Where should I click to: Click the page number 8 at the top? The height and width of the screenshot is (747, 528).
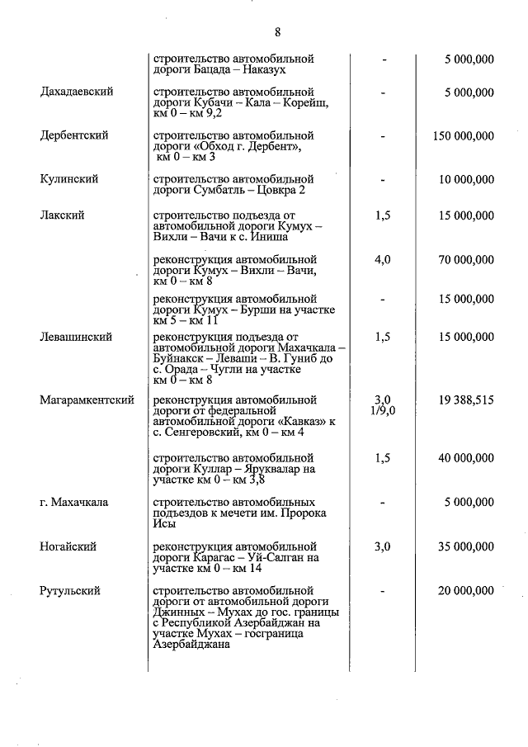(277, 32)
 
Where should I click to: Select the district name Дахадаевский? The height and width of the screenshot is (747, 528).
(77, 92)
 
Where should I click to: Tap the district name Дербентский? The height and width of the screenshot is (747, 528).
(74, 135)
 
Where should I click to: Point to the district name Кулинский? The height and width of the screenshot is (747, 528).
(69, 179)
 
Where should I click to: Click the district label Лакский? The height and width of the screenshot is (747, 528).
(63, 215)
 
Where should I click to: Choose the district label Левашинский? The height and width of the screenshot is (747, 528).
(76, 337)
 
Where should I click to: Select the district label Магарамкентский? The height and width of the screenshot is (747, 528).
(87, 400)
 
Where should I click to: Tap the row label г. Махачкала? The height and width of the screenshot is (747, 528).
(74, 502)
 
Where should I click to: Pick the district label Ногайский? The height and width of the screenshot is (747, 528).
(68, 546)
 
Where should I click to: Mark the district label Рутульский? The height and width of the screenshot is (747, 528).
(70, 591)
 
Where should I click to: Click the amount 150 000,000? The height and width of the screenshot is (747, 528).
(463, 135)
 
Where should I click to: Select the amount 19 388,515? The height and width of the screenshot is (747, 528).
(467, 400)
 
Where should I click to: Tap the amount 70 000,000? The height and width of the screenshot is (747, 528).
(467, 260)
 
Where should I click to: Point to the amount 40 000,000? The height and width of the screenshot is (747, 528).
(467, 458)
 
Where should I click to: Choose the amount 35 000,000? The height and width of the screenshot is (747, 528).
(467, 546)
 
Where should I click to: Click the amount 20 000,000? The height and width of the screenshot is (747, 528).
(467, 591)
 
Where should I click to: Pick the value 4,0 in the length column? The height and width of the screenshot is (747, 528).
(382, 260)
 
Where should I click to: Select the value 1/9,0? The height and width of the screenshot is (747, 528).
(383, 410)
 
